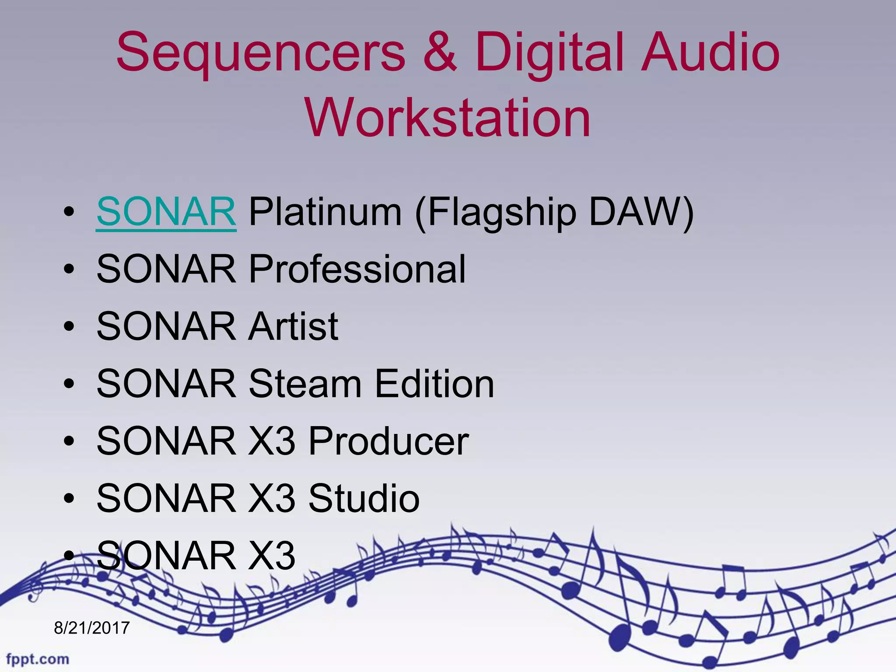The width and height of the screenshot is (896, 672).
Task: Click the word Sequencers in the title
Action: [x=261, y=53]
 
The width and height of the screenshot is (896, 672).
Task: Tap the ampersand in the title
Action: [x=440, y=53]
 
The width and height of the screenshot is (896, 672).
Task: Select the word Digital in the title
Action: [x=554, y=53]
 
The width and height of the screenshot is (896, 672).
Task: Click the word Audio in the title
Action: [x=710, y=53]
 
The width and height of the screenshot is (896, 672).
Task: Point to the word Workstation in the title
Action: [x=448, y=117]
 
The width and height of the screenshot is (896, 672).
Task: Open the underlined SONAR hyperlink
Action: [x=166, y=212]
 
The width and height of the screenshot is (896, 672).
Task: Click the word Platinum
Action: [x=325, y=212]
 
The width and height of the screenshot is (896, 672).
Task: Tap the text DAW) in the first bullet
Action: [x=641, y=212]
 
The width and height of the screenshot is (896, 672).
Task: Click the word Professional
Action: [x=357, y=269]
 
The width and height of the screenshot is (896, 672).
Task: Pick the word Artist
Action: [x=293, y=326]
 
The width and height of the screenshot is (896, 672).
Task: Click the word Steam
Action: [x=304, y=384]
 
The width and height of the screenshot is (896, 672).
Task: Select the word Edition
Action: [x=434, y=384]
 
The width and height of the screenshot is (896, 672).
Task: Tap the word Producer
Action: [x=388, y=441]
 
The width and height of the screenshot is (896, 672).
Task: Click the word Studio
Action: [x=364, y=498]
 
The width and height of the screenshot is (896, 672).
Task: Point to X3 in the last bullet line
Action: [x=271, y=556]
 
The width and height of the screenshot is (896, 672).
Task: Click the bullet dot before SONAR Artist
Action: [x=69, y=326]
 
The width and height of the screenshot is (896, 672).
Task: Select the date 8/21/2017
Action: [x=92, y=628]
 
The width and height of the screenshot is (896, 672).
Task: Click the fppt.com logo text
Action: [x=38, y=659]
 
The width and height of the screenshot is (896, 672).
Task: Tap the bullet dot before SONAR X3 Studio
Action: [x=69, y=498]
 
